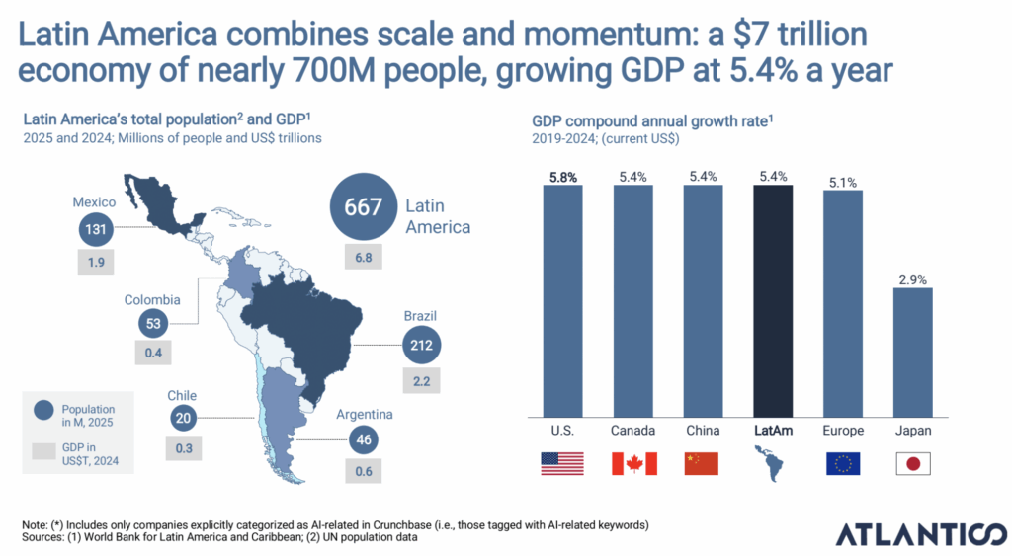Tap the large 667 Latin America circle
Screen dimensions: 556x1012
pyautogui.click(x=362, y=206)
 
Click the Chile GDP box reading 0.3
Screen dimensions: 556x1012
pyautogui.click(x=183, y=448)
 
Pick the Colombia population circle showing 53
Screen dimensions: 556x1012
pyautogui.click(x=152, y=322)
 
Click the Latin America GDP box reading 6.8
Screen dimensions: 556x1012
pyautogui.click(x=363, y=258)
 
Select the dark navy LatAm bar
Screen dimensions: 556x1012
pyautogui.click(x=773, y=301)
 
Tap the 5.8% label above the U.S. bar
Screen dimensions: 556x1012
pyautogui.click(x=562, y=176)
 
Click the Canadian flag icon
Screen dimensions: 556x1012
pyautogui.click(x=633, y=463)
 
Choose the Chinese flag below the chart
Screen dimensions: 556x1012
pyautogui.click(x=703, y=463)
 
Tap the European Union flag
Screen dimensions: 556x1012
pyautogui.click(x=843, y=463)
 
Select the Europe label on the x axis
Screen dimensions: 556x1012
pyautogui.click(x=843, y=432)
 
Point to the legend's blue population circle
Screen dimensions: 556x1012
pyautogui.click(x=43, y=409)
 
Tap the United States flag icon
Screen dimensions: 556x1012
pyautogui.click(x=562, y=463)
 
